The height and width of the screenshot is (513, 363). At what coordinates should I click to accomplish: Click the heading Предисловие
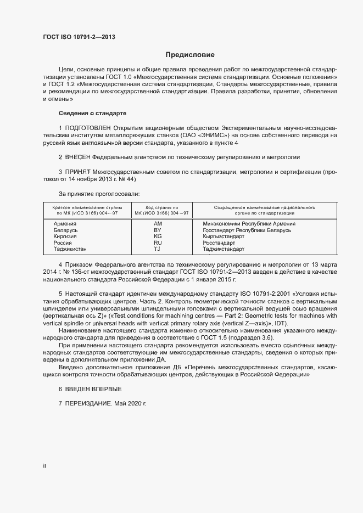point(190,55)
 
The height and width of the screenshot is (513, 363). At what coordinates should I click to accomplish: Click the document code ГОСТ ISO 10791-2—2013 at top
point(79,37)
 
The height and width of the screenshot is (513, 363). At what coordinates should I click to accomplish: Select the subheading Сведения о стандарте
point(92,112)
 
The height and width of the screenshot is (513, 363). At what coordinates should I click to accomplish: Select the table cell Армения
point(65,224)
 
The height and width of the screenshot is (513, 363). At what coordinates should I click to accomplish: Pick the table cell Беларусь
point(65,230)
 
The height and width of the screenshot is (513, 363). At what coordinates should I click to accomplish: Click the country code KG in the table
point(158,236)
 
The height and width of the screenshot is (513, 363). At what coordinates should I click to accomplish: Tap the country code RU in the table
point(158,243)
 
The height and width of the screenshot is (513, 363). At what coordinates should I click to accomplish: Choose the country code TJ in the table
point(157,249)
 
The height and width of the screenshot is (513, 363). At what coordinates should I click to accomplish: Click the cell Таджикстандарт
point(224,249)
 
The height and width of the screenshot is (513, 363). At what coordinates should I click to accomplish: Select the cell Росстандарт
point(219,243)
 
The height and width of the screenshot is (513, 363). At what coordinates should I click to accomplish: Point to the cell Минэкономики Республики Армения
point(249,224)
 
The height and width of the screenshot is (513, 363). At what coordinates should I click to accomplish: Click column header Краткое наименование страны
point(87,208)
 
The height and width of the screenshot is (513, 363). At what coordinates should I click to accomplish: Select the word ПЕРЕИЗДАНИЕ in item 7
point(88,403)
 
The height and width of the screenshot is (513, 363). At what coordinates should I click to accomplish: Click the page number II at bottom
point(44,466)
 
